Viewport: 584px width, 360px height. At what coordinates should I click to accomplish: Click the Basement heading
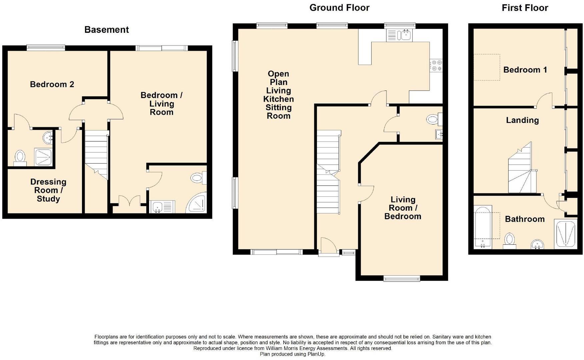pos(106,30)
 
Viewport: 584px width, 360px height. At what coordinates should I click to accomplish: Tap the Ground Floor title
pos(339,8)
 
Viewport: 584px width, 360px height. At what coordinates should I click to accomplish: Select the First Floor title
pos(525,8)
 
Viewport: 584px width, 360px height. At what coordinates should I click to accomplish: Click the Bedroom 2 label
pos(52,84)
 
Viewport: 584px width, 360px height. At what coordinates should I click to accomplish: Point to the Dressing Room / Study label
pos(48,190)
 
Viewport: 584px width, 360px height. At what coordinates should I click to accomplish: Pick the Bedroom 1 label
pos(525,70)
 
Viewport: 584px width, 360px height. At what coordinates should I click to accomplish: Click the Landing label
pos(522,120)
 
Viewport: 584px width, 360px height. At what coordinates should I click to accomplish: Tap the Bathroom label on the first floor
pos(525,219)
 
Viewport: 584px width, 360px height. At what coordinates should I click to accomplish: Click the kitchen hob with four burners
pos(436,65)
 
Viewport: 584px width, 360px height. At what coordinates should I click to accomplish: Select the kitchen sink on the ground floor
pos(399,35)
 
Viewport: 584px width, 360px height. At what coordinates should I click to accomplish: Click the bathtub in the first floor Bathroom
pos(483,227)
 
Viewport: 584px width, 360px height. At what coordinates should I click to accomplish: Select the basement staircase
pos(96,155)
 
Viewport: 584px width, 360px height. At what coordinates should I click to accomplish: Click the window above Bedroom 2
pos(46,48)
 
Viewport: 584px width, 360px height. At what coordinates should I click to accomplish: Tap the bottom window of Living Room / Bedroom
pos(402,279)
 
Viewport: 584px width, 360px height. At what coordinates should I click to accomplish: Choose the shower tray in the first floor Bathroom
pos(565,234)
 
